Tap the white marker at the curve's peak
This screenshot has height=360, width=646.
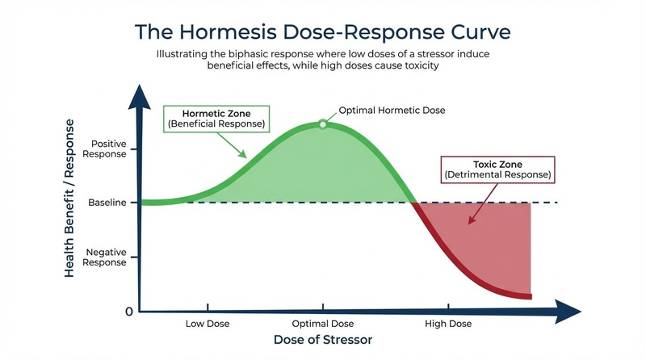[x=323, y=123]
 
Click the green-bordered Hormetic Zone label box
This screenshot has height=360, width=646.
[x=216, y=119]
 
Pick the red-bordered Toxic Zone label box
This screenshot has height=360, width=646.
[x=497, y=169]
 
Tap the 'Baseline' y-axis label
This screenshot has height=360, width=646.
[x=107, y=203]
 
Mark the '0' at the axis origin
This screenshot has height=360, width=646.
[x=129, y=312]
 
